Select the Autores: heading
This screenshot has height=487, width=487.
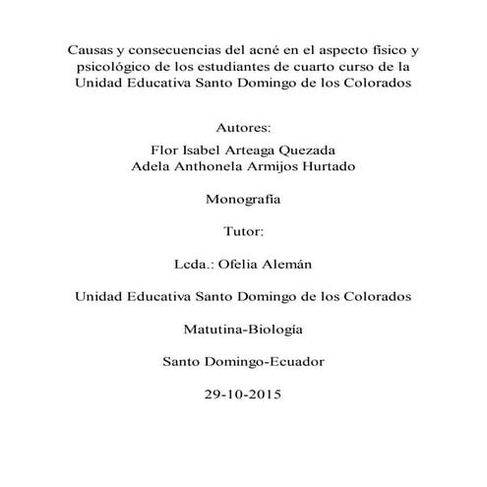(242, 129)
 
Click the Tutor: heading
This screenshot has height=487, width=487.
(242, 231)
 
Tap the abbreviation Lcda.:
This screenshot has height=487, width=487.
(193, 265)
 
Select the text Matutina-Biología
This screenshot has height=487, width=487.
(242, 329)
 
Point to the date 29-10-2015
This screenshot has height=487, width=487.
(242, 395)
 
